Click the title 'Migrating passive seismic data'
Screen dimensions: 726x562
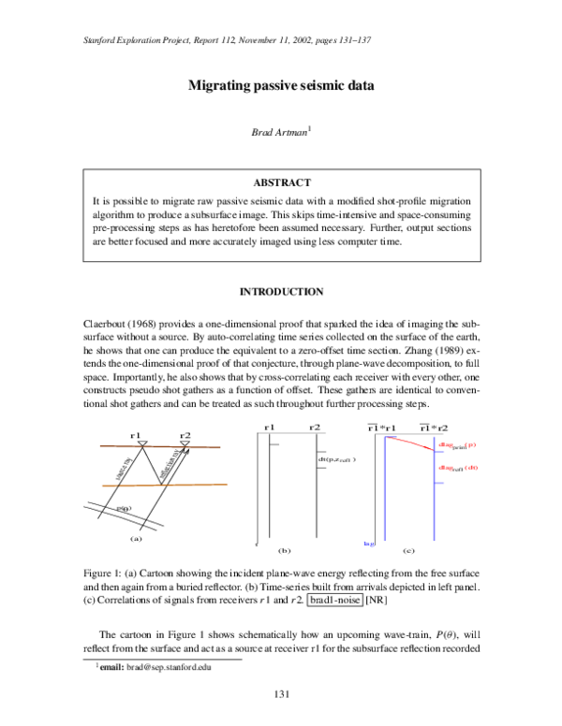point(281,86)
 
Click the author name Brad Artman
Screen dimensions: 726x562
point(278,133)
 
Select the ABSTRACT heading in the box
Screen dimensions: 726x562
point(282,182)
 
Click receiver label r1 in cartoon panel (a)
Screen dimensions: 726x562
point(136,435)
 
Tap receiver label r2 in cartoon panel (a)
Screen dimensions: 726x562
point(185,435)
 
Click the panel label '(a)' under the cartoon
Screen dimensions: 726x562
point(136,538)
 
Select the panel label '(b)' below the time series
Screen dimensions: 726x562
point(286,551)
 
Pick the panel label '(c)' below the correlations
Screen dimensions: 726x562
point(407,551)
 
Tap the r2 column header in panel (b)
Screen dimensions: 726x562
point(315,427)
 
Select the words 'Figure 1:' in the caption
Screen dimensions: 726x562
point(105,571)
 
